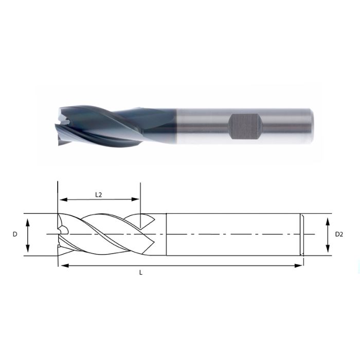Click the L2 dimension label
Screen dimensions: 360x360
pos(99,194)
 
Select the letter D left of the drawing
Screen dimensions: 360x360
pos(15,235)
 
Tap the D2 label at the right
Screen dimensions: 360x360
pos(339,235)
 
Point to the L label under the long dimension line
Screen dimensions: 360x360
pos(140,273)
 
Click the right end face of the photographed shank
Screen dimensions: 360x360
pos(311,125)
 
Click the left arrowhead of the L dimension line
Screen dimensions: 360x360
pos(62,265)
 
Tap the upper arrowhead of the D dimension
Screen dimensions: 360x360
pos(28,220)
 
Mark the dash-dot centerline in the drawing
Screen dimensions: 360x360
pos(231,235)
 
